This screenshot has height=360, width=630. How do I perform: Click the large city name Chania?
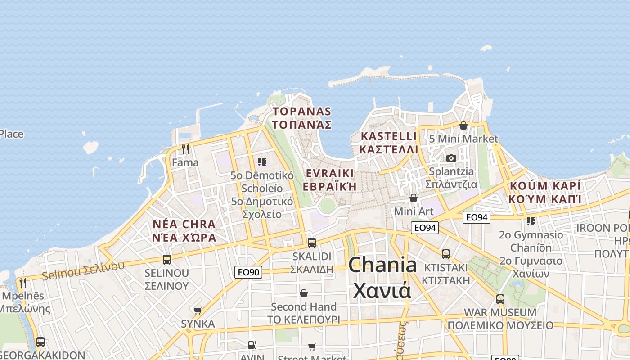click(x=382, y=265)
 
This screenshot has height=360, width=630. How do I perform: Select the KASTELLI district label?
click(x=389, y=143)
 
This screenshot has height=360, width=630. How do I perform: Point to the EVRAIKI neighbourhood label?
click(x=329, y=180)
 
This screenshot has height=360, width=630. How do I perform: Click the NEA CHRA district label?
click(x=184, y=230)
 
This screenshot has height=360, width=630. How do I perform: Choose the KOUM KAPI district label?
click(x=545, y=192)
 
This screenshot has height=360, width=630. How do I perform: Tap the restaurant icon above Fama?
click(x=185, y=149)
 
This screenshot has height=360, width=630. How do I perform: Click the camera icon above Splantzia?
click(x=451, y=158)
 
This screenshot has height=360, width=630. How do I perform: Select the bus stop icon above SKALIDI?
click(x=311, y=243)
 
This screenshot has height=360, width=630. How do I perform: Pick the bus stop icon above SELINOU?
click(x=166, y=260)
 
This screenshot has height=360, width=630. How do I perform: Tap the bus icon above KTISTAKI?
click(x=445, y=254)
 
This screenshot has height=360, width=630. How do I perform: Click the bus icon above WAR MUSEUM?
click(x=500, y=299)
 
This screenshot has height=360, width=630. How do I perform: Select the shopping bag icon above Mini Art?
click(x=413, y=198)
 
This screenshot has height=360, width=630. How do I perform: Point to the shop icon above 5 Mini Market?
click(x=463, y=126)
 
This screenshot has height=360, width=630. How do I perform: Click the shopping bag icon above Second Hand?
click(x=304, y=293)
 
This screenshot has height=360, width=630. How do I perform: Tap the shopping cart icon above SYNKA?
click(x=198, y=310)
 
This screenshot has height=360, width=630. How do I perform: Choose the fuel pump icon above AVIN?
click(x=252, y=345)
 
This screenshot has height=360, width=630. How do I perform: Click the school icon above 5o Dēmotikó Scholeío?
click(x=261, y=162)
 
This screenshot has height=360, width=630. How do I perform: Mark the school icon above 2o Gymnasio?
click(x=531, y=221)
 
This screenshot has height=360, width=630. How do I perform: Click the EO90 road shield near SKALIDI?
click(x=248, y=272)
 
